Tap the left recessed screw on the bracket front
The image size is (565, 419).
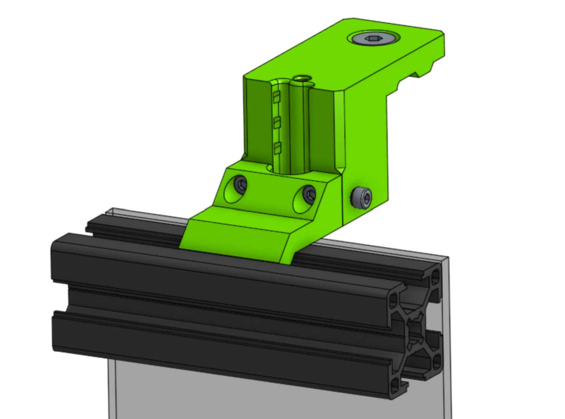tap(241, 184)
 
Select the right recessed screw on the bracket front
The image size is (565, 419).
tap(309, 194)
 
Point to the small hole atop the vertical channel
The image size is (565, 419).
tap(302, 79)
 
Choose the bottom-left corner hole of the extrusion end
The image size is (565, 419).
tap(395, 386)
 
